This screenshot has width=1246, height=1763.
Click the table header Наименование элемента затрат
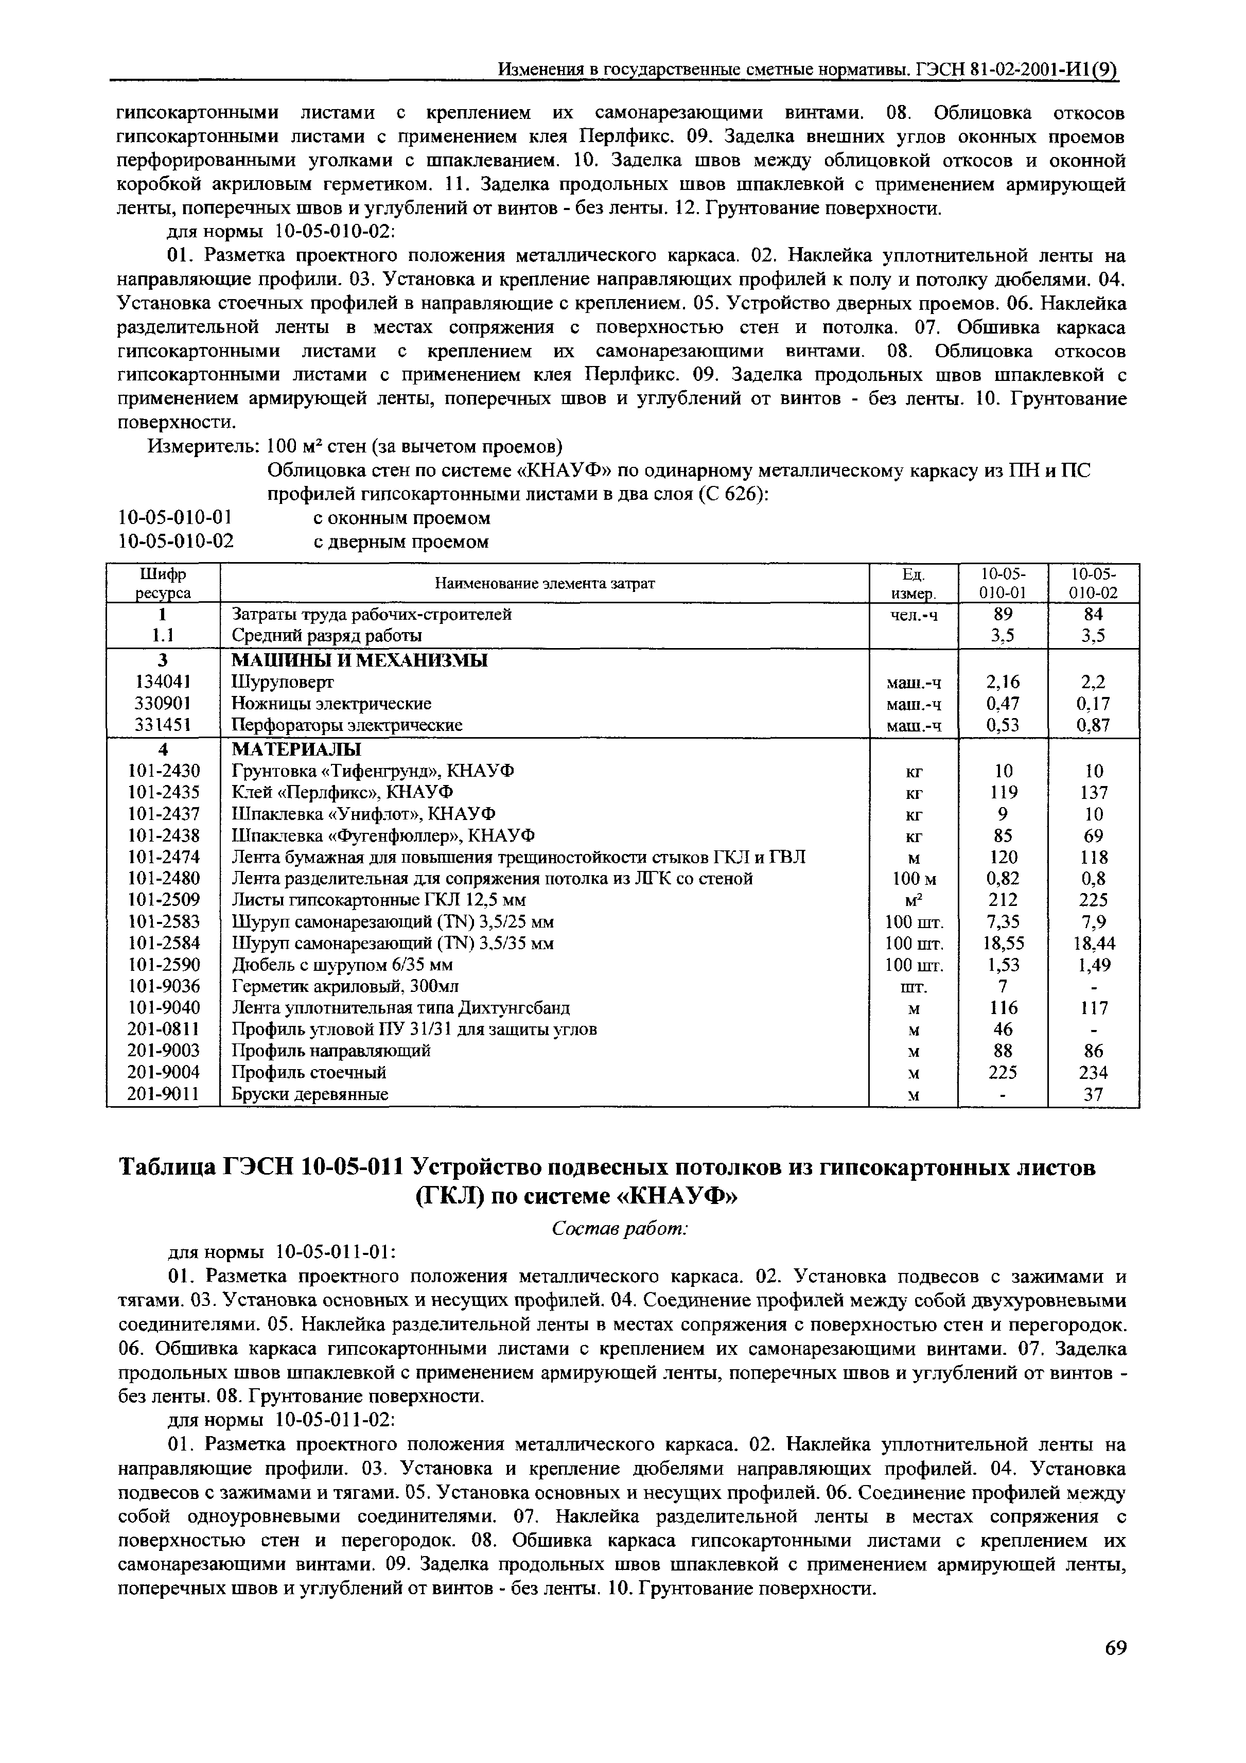[545, 584]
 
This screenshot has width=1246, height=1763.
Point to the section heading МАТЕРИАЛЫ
[296, 748]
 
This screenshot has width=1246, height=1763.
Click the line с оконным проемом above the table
[401, 518]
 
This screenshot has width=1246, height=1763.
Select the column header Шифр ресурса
[163, 584]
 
